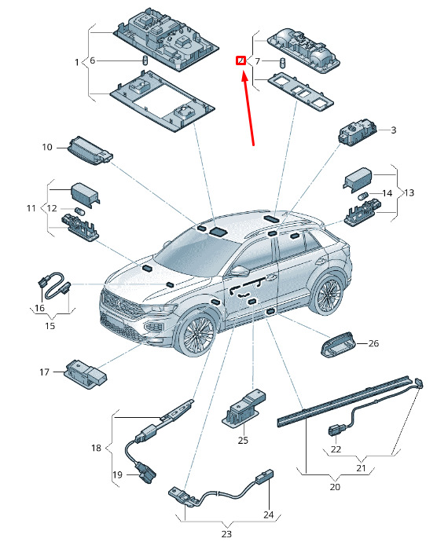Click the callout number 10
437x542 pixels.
(x=47, y=147)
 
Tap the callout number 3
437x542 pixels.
(x=394, y=130)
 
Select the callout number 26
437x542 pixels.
(x=373, y=343)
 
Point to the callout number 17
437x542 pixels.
(x=44, y=372)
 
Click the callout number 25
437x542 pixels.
(x=243, y=440)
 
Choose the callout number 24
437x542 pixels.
(x=269, y=515)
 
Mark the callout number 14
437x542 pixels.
(x=387, y=193)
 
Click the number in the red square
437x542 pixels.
(x=241, y=60)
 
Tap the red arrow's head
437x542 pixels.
(x=244, y=75)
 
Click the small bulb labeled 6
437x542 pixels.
(x=145, y=60)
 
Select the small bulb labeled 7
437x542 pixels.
(x=283, y=63)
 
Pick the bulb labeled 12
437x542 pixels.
(x=79, y=211)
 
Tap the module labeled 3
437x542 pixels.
(x=358, y=133)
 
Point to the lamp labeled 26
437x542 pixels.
(x=339, y=345)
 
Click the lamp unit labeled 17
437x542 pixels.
(x=86, y=374)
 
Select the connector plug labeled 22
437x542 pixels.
(x=336, y=430)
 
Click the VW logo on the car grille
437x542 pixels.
(x=118, y=304)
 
